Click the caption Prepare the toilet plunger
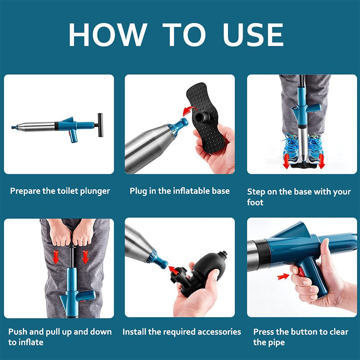(x=60, y=191)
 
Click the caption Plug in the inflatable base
(x=180, y=191)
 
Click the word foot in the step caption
(x=255, y=202)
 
